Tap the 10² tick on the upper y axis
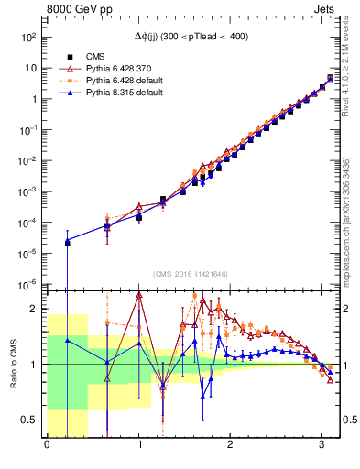pos(29,38)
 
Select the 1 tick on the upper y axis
pos(34,100)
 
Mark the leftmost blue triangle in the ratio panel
pos(67,340)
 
